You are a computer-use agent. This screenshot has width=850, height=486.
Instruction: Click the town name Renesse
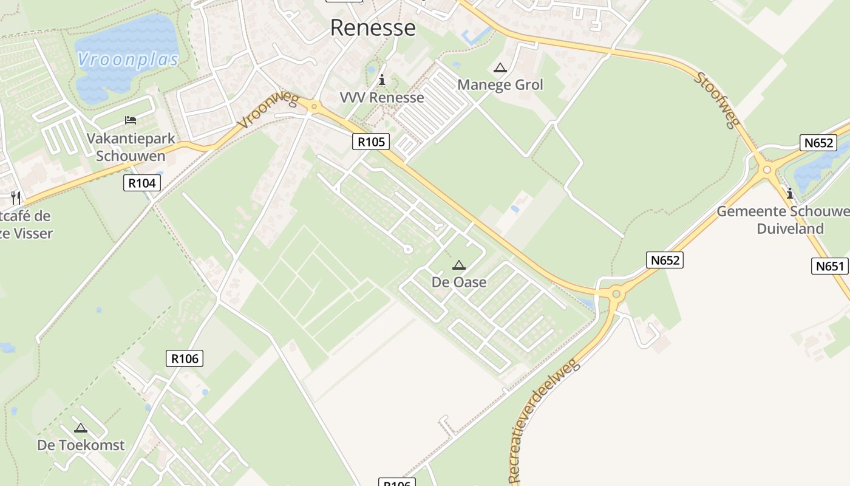pos(373,28)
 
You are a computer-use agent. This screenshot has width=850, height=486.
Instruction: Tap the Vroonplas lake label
pos(128,60)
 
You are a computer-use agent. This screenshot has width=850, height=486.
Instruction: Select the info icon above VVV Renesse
pos(381,80)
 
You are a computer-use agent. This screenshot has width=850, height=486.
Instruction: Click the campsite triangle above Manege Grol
pos(500,68)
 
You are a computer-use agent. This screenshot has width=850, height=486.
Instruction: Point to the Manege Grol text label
pos(500,84)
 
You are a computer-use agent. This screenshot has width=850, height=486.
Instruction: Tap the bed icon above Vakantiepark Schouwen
pos(130,120)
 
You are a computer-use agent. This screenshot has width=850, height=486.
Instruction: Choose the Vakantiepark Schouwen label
pos(131,147)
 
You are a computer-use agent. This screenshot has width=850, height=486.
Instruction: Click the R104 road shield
pos(142,183)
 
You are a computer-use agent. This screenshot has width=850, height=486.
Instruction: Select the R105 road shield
pos(370,142)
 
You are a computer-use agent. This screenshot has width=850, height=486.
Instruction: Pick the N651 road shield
pos(829,266)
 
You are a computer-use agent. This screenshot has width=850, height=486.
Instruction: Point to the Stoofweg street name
pos(716,100)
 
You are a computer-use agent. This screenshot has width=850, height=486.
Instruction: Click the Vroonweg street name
pos(268,111)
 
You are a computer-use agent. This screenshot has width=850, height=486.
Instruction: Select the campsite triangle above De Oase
pos(458,265)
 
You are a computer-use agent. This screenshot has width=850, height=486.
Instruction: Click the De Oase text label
pos(458,282)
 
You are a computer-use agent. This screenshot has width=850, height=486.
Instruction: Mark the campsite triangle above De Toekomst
pos(81,428)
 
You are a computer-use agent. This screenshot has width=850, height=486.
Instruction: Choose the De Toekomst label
pos(81,445)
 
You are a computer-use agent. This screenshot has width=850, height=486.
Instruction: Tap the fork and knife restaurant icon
pos(16,197)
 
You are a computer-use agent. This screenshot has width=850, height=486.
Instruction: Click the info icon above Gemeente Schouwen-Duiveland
pos(789,194)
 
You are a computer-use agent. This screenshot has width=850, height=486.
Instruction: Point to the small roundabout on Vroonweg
pos(314,108)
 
